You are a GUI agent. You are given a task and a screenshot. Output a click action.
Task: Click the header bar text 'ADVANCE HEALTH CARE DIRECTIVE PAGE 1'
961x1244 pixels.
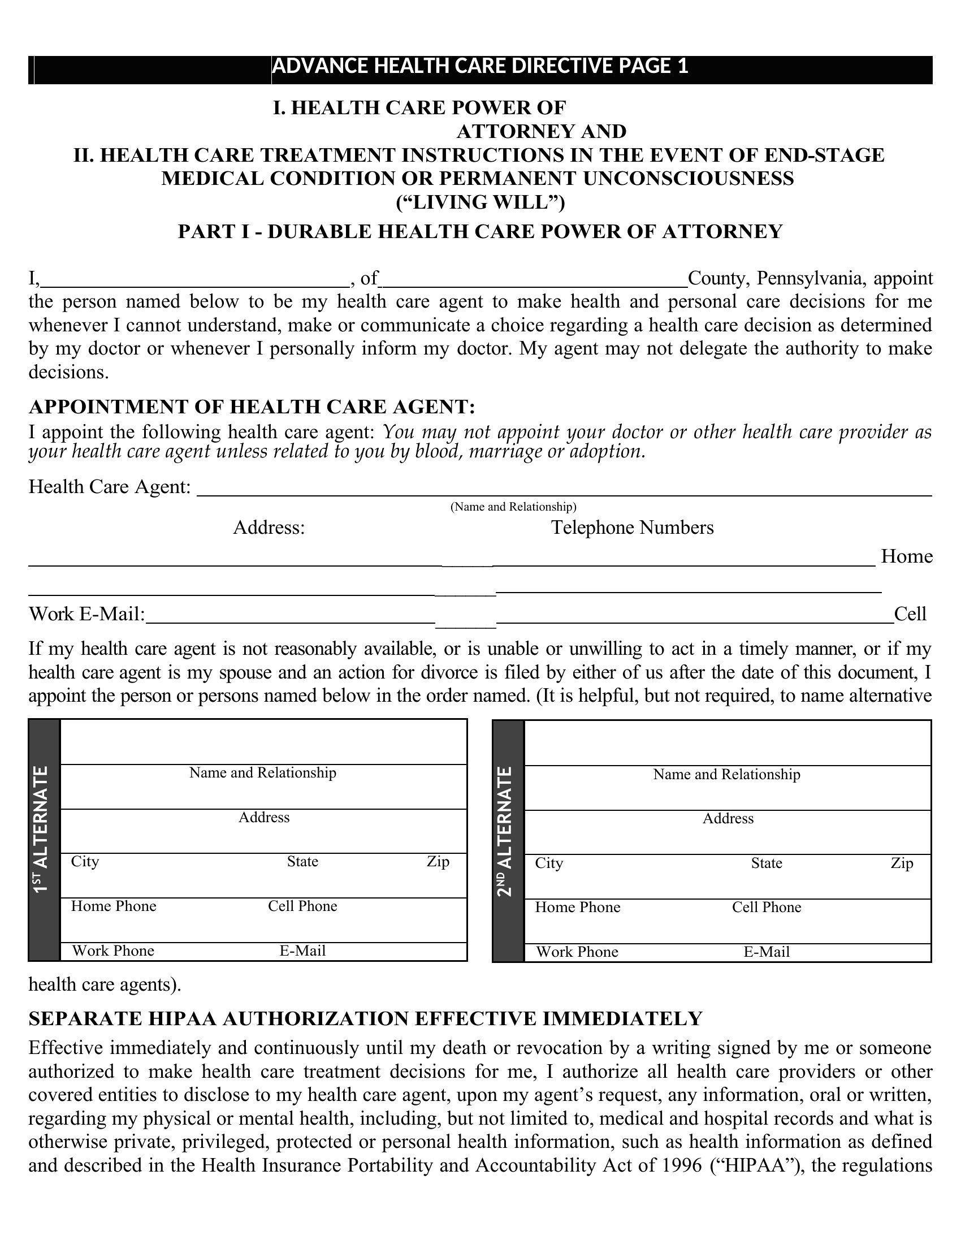click(480, 67)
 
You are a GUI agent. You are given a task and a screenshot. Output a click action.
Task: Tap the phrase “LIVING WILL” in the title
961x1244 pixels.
click(480, 202)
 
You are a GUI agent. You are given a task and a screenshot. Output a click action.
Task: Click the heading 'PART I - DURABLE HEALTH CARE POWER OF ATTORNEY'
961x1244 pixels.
click(480, 232)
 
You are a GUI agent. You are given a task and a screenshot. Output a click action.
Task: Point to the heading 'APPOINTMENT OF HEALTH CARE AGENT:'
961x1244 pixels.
click(252, 407)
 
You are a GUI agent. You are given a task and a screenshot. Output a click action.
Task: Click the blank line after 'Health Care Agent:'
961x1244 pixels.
click(564, 490)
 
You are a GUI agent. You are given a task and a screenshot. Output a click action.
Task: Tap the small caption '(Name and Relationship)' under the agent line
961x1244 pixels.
click(513, 507)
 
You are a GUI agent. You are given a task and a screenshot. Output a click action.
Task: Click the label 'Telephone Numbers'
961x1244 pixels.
click(632, 528)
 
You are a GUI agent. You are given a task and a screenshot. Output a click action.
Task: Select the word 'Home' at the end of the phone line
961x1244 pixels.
click(906, 556)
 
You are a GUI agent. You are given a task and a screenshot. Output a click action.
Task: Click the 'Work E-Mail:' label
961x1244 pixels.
click(87, 614)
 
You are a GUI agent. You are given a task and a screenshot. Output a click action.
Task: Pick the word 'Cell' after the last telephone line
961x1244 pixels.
click(910, 614)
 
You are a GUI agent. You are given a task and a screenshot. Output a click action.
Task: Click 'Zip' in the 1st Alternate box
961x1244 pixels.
click(438, 862)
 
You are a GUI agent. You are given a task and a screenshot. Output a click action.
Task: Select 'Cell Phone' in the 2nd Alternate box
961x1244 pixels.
click(767, 908)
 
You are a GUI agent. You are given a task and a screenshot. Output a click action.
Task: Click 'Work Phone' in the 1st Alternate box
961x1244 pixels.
click(112, 951)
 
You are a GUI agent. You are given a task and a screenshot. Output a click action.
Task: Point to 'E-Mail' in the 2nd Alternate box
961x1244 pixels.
click(767, 952)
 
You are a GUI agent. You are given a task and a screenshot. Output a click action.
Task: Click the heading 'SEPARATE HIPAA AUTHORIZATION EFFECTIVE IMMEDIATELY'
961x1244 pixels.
click(366, 1018)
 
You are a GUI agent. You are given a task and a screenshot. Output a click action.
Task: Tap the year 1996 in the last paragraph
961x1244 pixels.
click(682, 1165)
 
